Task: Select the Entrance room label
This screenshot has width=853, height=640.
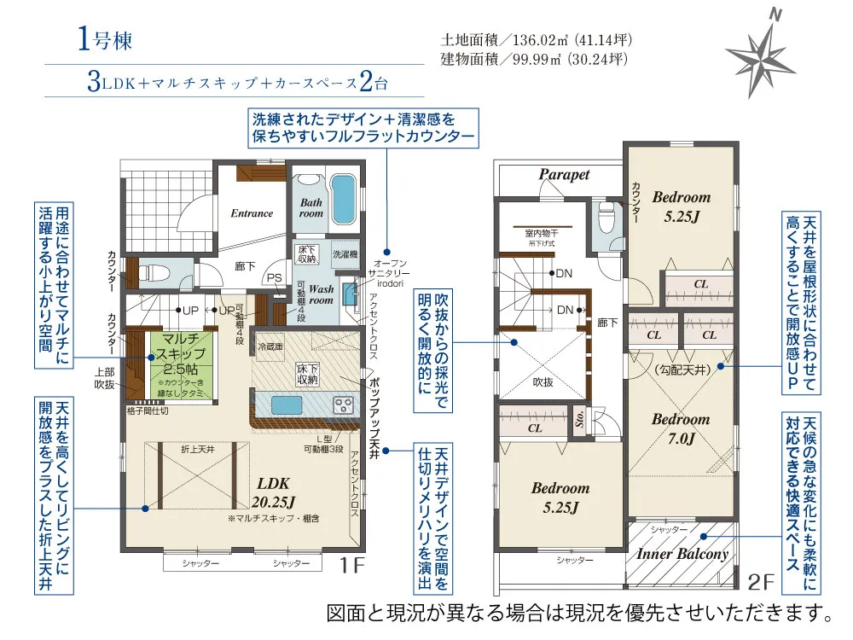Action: (x=252, y=213)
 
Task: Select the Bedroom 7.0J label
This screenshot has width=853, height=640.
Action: (x=681, y=428)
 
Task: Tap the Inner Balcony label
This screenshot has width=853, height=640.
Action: (x=682, y=554)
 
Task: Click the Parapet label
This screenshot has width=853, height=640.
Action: (x=564, y=175)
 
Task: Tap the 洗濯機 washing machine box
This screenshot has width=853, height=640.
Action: (x=345, y=253)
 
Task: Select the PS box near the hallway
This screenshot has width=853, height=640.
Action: (x=274, y=278)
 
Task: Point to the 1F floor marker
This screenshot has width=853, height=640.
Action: (x=352, y=565)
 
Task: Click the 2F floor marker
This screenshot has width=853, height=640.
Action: (x=763, y=583)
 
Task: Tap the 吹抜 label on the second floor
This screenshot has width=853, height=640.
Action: (x=543, y=381)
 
